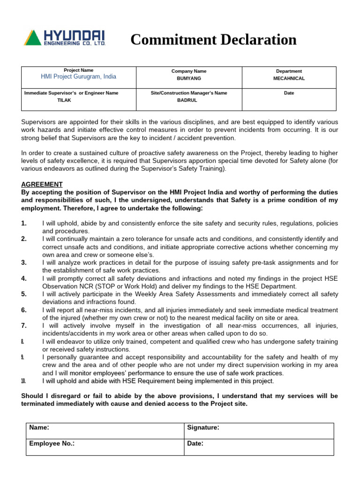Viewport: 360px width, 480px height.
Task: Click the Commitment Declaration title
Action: pyautogui.click(x=213, y=40)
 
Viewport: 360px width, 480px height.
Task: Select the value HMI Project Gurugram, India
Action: pyautogui.click(x=79, y=77)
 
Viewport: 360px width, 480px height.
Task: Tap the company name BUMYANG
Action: pyautogui.click(x=188, y=79)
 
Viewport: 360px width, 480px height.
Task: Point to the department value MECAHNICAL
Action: pyautogui.click(x=289, y=79)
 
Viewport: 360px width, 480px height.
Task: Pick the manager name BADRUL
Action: pyautogui.click(x=187, y=100)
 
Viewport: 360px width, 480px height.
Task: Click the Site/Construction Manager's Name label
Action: pyautogui.click(x=188, y=93)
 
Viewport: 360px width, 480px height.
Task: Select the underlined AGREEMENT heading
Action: pyautogui.click(x=42, y=185)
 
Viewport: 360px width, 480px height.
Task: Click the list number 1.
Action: pyautogui.click(x=24, y=223)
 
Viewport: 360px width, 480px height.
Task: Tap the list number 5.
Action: pyautogui.click(x=24, y=294)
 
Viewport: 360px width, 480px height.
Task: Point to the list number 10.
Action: pyautogui.click(x=23, y=381)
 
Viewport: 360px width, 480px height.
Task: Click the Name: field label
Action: pyautogui.click(x=39, y=427)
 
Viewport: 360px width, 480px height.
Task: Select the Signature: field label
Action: pyautogui.click(x=203, y=427)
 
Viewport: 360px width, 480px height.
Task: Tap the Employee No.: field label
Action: pyautogui.click(x=52, y=443)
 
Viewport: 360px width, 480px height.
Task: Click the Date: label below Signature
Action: pyautogui.click(x=195, y=443)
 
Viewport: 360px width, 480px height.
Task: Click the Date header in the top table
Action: pyautogui.click(x=289, y=93)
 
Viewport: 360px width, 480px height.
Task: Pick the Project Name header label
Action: pyautogui.click(x=78, y=70)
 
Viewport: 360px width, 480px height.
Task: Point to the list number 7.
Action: pyautogui.click(x=24, y=325)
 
